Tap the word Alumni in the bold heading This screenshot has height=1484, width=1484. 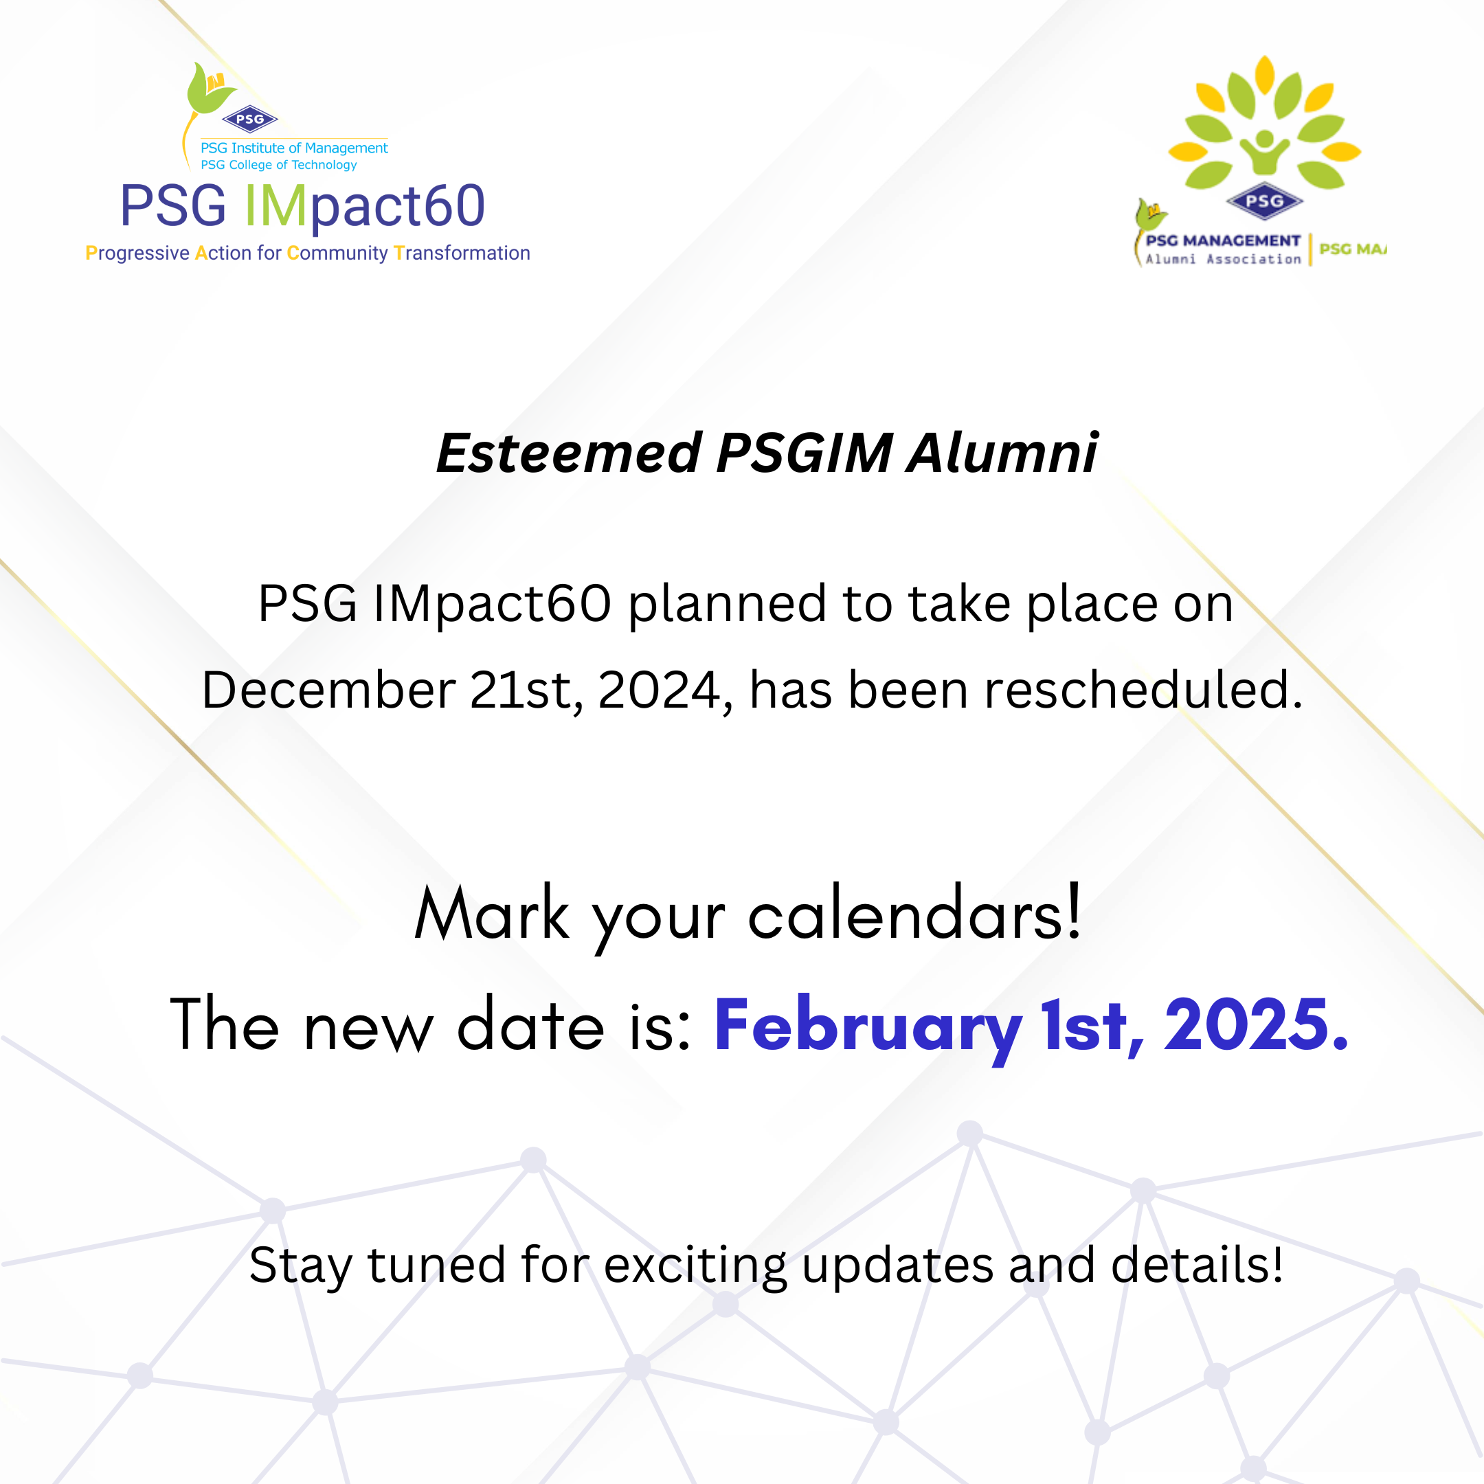click(1002, 453)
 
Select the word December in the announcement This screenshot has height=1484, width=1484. click(329, 690)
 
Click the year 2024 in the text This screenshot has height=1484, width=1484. click(660, 690)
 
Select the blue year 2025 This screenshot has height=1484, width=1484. click(1255, 1026)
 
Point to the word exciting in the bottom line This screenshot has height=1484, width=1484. click(695, 1265)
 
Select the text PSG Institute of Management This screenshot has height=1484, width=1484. click(294, 148)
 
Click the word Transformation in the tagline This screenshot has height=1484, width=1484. click(462, 253)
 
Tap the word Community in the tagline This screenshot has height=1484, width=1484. click(337, 253)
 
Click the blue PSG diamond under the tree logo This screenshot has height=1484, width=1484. click(1264, 201)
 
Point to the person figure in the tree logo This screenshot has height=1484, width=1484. click(1264, 150)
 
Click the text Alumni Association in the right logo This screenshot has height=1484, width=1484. click(1223, 260)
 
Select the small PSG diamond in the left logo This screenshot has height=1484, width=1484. click(249, 119)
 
